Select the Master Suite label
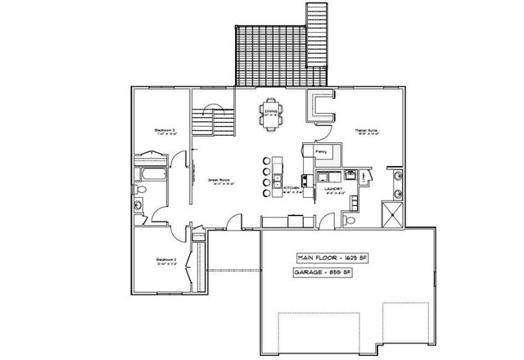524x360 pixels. [365, 131]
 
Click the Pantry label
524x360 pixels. [320, 151]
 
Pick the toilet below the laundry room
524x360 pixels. [350, 218]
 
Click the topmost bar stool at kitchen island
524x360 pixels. [265, 160]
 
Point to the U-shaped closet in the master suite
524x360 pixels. [322, 107]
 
